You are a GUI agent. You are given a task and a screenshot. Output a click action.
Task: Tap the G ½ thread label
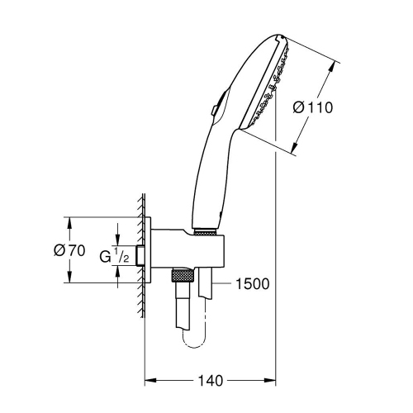115,256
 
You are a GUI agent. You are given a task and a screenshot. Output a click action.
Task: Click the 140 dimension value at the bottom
211,381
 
